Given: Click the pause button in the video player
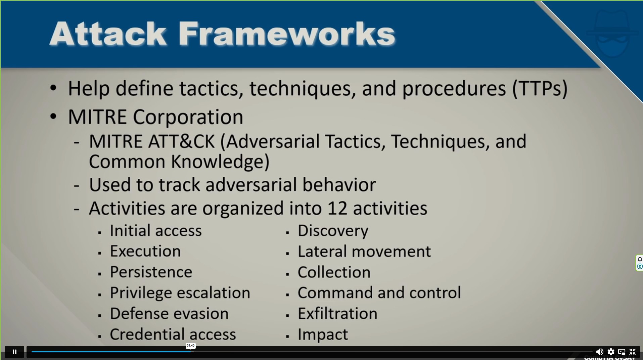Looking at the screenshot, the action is [14, 352].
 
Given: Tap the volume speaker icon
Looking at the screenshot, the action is [599, 352].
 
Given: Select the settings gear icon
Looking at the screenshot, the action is [611, 352].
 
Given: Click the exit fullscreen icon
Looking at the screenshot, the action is [633, 352].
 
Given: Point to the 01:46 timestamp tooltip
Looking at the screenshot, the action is [190, 346].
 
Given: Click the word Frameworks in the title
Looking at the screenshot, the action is [287, 33].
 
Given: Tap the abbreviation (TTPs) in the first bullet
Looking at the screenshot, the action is [540, 88].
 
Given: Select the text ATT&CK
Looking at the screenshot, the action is [182, 141].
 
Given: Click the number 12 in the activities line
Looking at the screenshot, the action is [337, 208].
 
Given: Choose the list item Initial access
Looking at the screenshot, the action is [156, 231].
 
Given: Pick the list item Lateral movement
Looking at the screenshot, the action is [364, 252].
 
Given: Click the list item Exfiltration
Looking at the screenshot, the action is [337, 314].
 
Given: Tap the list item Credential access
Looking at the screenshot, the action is [173, 334].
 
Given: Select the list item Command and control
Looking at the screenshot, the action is [379, 293].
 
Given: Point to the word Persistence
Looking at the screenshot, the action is [151, 272].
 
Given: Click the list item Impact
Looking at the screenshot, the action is [323, 334].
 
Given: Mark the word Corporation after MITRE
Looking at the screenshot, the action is [188, 117].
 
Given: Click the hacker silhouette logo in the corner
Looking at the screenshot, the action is [612, 33].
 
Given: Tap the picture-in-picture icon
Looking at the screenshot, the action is [622, 352].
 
